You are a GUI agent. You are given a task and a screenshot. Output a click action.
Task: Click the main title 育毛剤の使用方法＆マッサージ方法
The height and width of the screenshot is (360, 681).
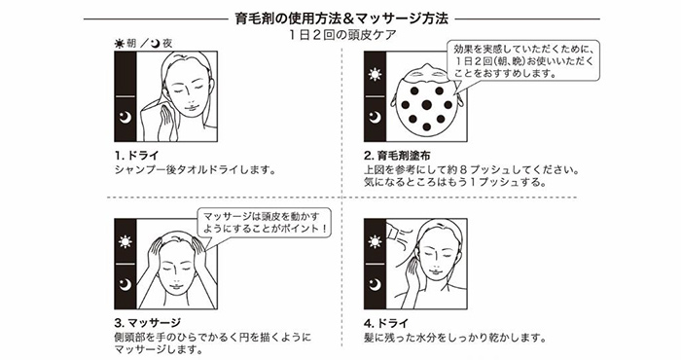[341, 19]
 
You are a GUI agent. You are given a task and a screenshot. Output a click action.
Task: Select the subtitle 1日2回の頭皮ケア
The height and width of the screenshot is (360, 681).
[342, 35]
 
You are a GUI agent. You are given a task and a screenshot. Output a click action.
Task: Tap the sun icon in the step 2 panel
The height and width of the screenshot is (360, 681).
[375, 75]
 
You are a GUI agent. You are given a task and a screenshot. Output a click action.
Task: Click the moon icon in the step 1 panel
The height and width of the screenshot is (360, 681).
[125, 118]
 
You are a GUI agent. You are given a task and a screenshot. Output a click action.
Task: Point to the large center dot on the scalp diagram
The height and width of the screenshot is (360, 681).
[426, 105]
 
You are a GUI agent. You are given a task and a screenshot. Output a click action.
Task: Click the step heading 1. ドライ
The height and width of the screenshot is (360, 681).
[137, 156]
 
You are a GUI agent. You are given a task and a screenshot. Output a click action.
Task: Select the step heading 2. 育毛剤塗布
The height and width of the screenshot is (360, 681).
[397, 156]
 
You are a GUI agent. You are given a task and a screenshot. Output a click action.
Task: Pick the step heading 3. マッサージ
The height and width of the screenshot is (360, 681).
[147, 323]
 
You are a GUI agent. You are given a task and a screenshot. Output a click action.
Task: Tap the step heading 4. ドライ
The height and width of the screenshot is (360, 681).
[386, 323]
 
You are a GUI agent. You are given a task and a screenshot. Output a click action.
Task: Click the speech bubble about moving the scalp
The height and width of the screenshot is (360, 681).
[264, 223]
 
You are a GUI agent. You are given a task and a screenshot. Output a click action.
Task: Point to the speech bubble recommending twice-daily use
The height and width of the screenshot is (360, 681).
[523, 60]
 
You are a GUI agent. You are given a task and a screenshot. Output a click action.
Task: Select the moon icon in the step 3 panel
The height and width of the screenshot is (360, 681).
[125, 284]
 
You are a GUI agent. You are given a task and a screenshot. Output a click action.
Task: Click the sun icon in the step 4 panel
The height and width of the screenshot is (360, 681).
[375, 242]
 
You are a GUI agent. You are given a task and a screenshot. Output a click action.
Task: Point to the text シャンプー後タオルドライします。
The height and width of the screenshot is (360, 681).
[195, 169]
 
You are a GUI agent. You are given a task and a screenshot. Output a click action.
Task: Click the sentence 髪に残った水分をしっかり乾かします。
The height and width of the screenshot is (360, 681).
[454, 338]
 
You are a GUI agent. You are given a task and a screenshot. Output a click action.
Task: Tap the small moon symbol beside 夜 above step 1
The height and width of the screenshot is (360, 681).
[156, 43]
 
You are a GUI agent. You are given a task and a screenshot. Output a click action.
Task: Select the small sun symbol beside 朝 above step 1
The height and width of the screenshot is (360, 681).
[120, 44]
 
